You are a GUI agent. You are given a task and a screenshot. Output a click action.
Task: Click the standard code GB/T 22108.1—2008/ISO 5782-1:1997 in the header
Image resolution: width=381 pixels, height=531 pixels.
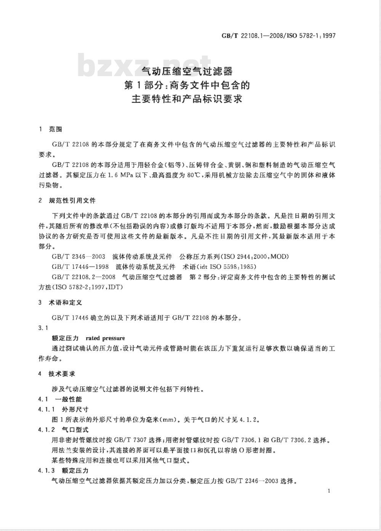click(x=278, y=36)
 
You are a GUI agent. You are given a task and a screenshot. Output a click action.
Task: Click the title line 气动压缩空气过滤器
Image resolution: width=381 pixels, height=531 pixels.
click(x=187, y=71)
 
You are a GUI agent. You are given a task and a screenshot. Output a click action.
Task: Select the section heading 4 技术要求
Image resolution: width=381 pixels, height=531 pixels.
click(x=57, y=374)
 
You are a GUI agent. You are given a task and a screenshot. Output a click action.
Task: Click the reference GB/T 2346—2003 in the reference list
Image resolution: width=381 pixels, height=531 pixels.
click(x=78, y=256)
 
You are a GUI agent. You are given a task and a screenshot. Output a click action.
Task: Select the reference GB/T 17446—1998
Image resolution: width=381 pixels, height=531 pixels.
click(x=80, y=266)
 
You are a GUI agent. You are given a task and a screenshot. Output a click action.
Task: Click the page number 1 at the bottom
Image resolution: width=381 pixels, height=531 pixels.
click(x=328, y=491)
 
